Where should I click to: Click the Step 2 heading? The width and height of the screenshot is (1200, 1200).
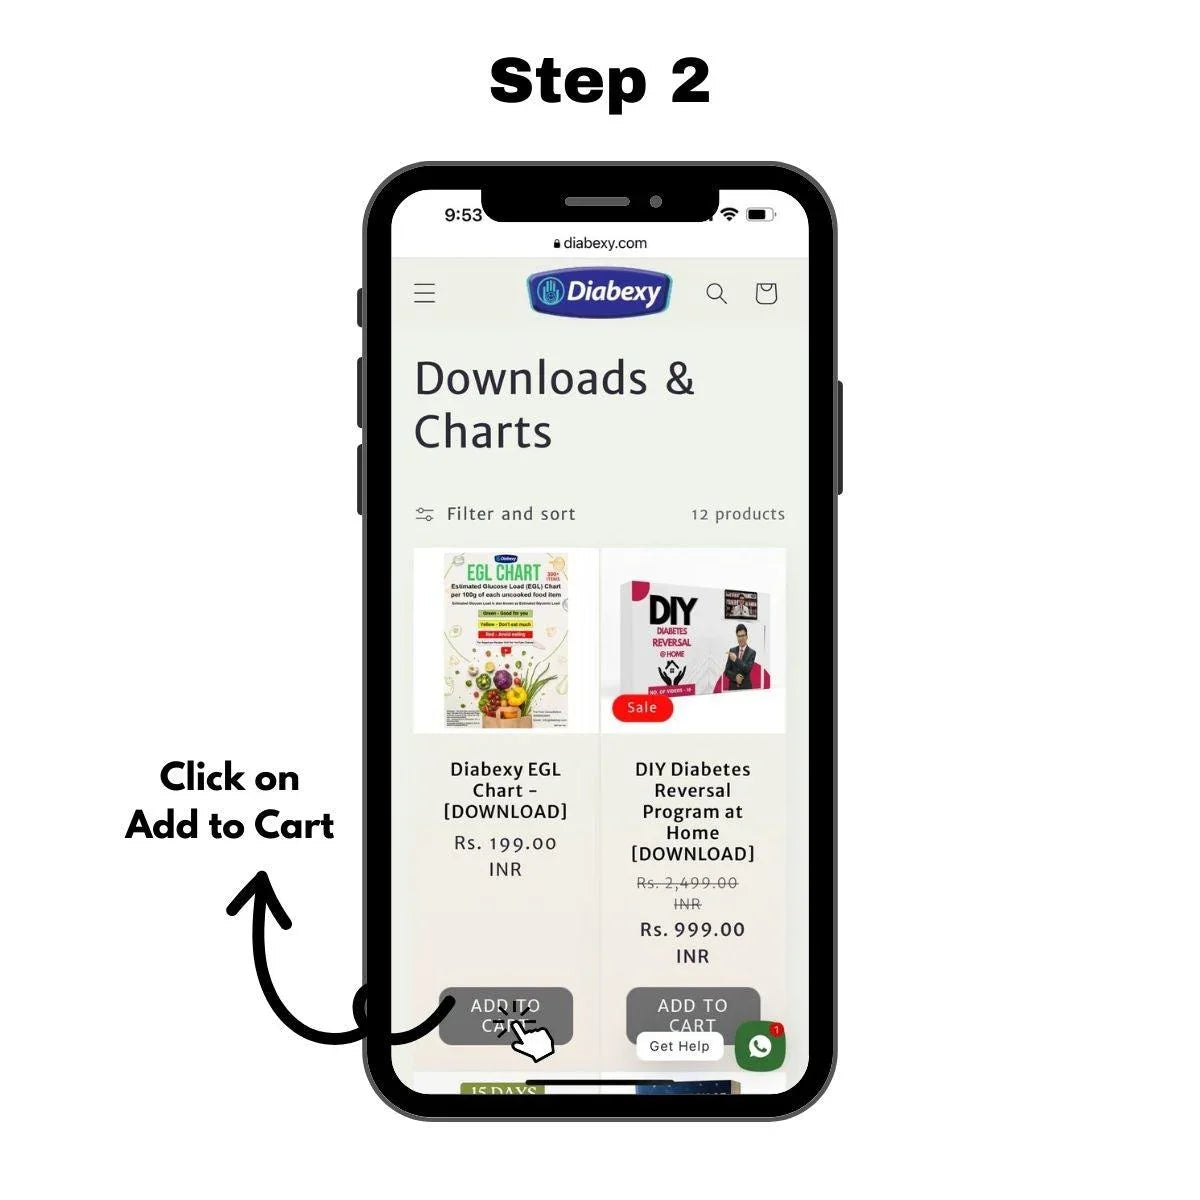(x=600, y=80)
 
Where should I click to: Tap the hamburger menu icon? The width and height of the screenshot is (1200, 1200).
(x=425, y=293)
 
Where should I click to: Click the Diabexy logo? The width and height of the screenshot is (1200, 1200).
(x=600, y=292)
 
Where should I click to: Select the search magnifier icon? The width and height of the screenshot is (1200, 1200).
(x=716, y=293)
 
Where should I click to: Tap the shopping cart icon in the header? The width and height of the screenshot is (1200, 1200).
(x=766, y=293)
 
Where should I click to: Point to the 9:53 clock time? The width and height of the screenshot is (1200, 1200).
(x=463, y=215)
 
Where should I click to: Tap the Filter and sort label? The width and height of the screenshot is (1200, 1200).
(x=510, y=514)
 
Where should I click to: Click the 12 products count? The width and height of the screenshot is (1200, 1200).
(x=738, y=514)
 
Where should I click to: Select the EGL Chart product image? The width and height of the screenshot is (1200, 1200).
(x=506, y=640)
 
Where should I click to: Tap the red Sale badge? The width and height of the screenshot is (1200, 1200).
(x=642, y=708)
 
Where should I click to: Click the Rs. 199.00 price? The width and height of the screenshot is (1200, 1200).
(x=505, y=843)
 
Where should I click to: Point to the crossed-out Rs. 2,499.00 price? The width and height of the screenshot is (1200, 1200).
(x=687, y=883)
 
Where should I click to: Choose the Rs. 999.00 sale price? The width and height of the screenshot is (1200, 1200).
(x=692, y=930)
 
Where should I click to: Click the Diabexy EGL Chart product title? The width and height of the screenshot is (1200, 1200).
(x=505, y=790)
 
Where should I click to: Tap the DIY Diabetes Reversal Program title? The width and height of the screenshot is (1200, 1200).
(x=692, y=811)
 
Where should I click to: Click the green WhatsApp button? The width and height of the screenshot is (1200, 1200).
(x=760, y=1046)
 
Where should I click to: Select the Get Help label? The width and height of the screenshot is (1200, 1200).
(x=679, y=1046)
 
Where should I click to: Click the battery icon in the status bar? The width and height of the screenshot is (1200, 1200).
(x=760, y=214)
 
